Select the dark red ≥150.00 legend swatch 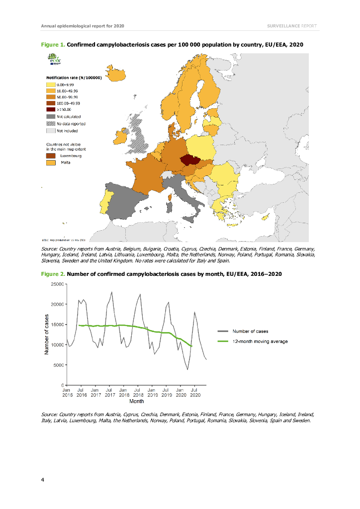pyautogui.click(x=50, y=109)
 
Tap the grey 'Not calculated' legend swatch pyautogui.click(x=50, y=116)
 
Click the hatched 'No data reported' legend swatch pyautogui.click(x=50, y=124)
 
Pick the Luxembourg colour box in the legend pyautogui.click(x=51, y=156)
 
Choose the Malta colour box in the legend pyautogui.click(x=51, y=163)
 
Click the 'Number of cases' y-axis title pyautogui.click(x=46, y=334)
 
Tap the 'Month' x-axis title pyautogui.click(x=136, y=400)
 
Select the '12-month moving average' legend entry pyautogui.click(x=260, y=341)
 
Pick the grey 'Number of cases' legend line pyautogui.click(x=223, y=331)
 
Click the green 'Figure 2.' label pyautogui.click(x=52, y=274)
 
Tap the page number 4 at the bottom pyautogui.click(x=43, y=480)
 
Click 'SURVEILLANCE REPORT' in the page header pyautogui.click(x=292, y=25)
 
